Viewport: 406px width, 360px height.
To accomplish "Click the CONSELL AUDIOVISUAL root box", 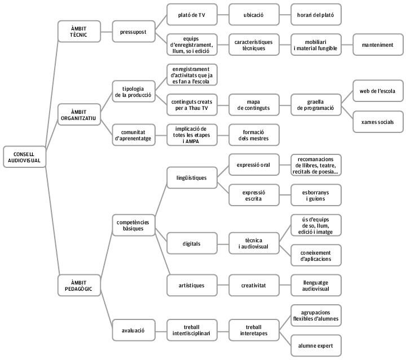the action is [25, 157].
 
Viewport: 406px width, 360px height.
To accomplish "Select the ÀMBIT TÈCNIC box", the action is [79, 32].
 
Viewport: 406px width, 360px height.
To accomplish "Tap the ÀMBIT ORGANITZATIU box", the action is [79, 115].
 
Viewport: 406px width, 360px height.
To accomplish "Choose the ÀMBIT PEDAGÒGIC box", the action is [79, 286].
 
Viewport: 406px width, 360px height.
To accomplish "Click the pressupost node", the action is [134, 32].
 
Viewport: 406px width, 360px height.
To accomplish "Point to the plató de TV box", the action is [192, 15].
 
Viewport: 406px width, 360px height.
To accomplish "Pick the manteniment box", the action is [378, 45].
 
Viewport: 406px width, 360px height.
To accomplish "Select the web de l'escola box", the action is [378, 91].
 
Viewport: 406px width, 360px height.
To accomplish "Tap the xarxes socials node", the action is [378, 122].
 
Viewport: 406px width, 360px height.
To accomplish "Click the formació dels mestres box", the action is [254, 135].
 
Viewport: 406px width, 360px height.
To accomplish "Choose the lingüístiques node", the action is [192, 177].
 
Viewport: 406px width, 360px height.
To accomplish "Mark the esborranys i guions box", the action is [316, 195].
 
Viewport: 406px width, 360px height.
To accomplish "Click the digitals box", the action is [192, 243].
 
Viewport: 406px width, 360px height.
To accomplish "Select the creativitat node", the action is [254, 285].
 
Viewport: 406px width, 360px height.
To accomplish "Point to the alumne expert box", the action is [316, 346].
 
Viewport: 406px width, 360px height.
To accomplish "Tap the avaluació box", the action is [134, 330].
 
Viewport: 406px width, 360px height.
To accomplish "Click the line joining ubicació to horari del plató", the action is [285, 15].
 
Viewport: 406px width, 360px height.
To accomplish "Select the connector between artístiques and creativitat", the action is [223, 285].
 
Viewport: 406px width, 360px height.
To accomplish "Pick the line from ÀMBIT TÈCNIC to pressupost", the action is [107, 32].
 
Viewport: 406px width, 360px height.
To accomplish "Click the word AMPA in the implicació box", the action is [192, 141].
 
